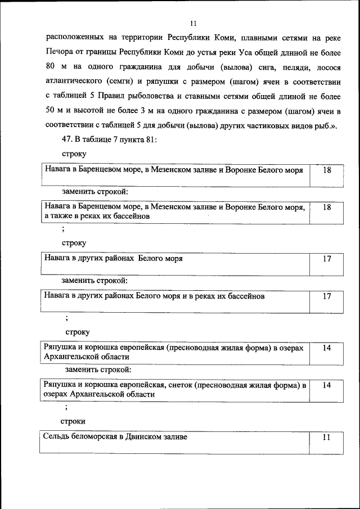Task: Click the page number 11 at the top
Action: click(x=193, y=23)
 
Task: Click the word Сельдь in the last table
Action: click(x=57, y=437)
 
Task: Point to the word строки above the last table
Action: click(x=73, y=421)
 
